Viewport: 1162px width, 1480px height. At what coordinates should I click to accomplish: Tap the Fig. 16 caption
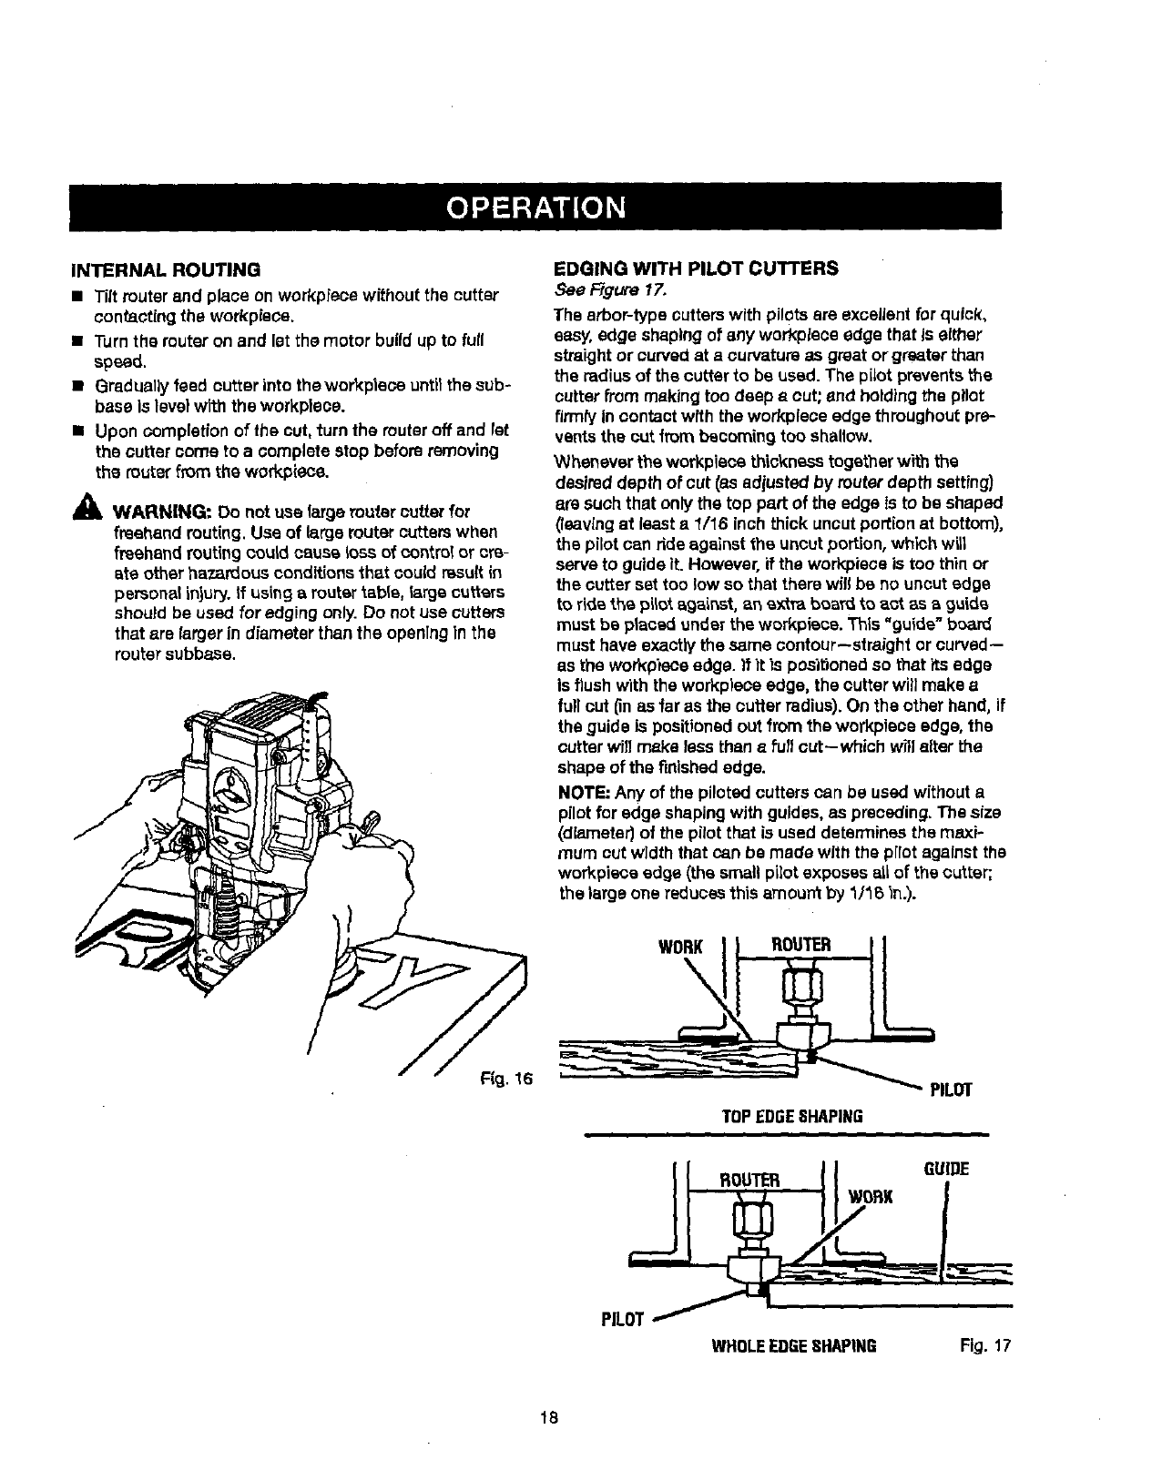(x=506, y=1079)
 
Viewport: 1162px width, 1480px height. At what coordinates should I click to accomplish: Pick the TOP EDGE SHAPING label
(x=791, y=1116)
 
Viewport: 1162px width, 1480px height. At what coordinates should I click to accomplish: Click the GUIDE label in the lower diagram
(x=947, y=1169)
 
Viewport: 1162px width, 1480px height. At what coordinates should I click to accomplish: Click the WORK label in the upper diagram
(x=681, y=947)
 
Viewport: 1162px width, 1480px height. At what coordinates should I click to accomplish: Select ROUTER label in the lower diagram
(x=749, y=1181)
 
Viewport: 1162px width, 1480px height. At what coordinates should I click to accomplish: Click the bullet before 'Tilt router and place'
(x=81, y=297)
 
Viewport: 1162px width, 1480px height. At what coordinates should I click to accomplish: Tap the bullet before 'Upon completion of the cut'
(x=81, y=430)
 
